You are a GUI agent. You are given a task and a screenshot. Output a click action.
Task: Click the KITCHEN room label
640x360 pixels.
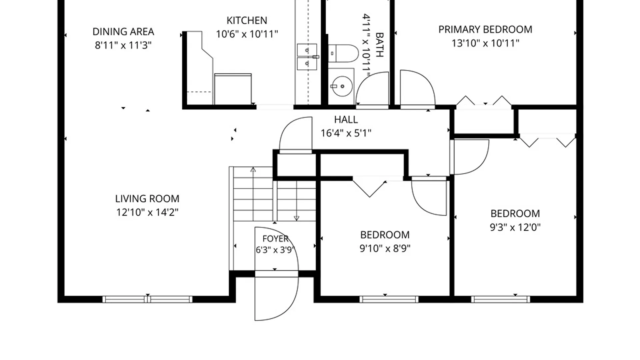click(247, 21)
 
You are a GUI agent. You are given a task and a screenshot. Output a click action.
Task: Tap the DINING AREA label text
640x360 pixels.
click(123, 32)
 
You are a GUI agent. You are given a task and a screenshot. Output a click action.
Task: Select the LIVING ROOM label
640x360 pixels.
click(147, 199)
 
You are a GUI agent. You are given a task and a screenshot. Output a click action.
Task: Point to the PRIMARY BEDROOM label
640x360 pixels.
click(485, 30)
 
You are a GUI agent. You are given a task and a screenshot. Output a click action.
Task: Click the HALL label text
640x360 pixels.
click(346, 120)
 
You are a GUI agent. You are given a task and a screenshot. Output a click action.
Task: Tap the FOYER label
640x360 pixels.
click(275, 239)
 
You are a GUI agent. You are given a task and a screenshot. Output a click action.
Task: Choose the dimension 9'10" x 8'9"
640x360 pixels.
click(385, 249)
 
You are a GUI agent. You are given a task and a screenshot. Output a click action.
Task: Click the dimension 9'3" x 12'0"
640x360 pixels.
click(515, 227)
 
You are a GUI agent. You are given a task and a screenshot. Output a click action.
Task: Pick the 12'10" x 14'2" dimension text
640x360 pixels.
click(147, 212)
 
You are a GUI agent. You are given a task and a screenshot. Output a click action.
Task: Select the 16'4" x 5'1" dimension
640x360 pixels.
click(346, 133)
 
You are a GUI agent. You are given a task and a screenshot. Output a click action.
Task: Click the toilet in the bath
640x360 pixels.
click(343, 53)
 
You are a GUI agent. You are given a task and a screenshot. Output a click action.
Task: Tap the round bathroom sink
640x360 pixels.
click(342, 86)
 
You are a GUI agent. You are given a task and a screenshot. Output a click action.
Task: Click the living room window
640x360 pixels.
click(147, 299)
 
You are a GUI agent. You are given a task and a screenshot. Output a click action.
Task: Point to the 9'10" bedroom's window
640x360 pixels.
click(389, 299)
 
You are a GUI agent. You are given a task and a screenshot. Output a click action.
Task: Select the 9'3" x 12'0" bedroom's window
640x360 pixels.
click(501, 299)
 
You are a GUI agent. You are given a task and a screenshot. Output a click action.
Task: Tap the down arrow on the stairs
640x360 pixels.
click(296, 200)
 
